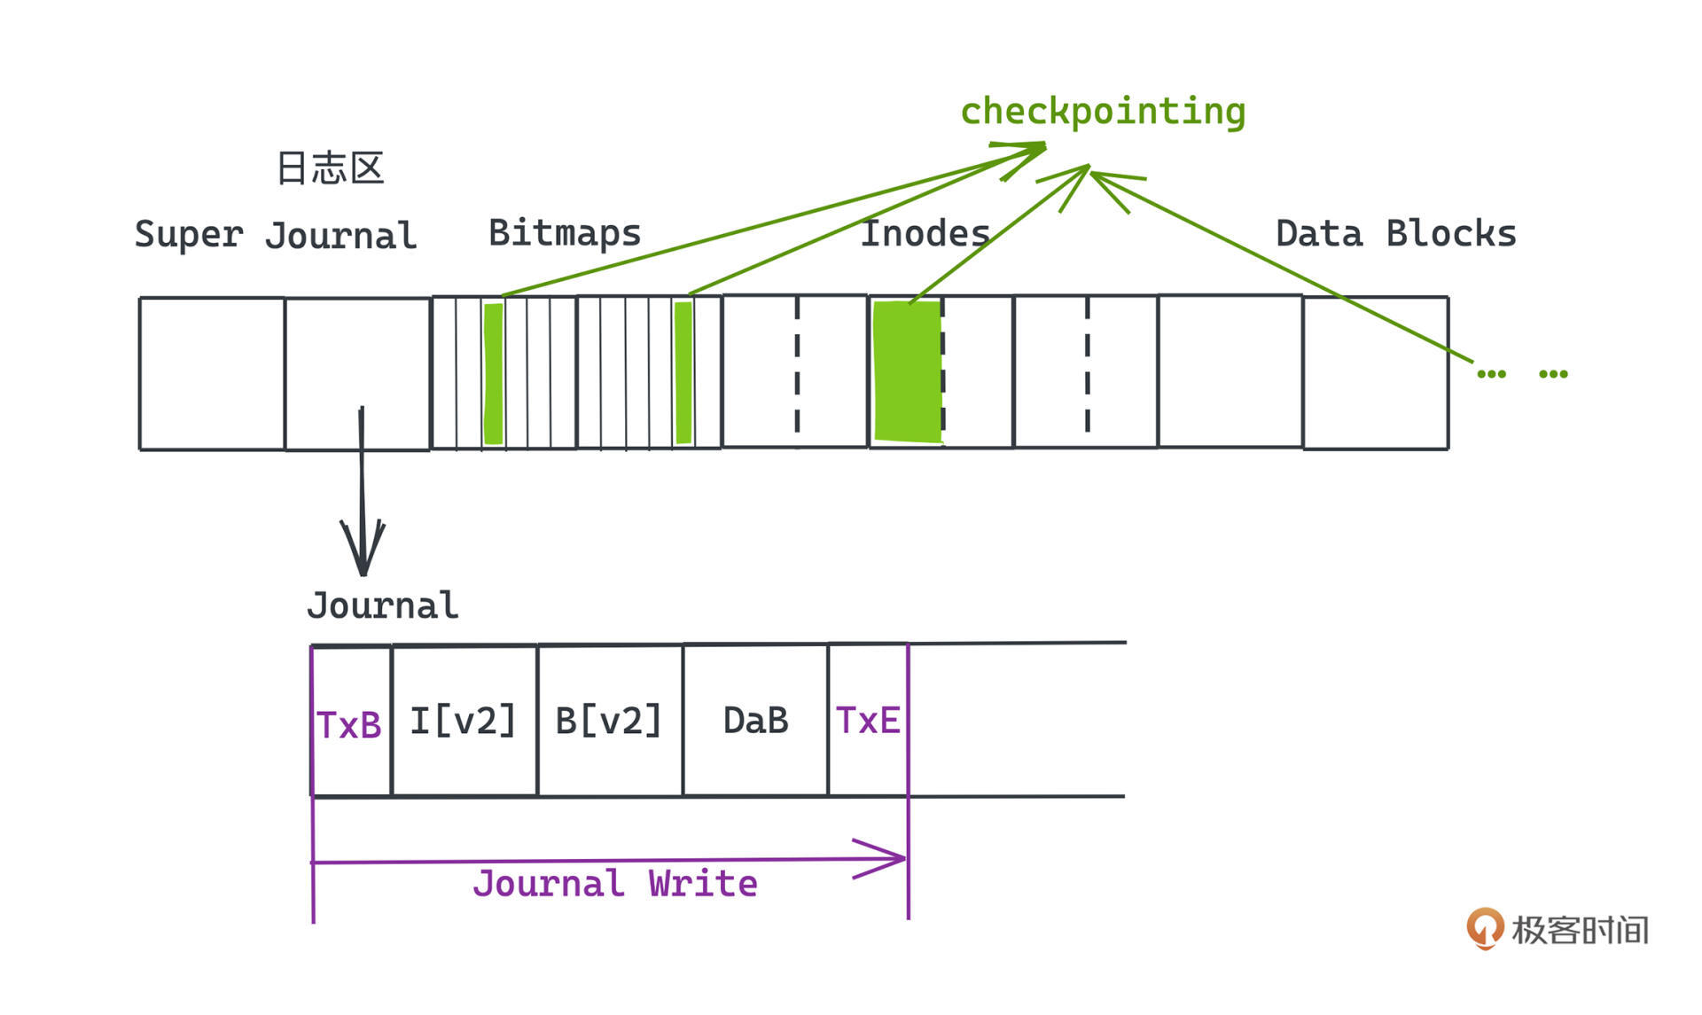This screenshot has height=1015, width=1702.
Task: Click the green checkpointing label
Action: [1103, 112]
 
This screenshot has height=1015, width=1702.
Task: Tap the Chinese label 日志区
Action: [330, 168]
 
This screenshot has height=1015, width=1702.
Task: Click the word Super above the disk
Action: [188, 235]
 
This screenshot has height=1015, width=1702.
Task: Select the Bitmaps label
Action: [565, 233]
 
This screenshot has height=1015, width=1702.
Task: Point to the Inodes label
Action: [925, 233]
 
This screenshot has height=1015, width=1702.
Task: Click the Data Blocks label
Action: [1395, 234]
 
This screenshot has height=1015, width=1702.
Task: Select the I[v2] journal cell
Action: [463, 721]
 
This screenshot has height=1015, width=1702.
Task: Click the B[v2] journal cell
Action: [609, 721]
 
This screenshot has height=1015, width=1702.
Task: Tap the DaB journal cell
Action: [755, 721]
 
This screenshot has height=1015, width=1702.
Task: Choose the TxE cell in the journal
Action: [868, 721]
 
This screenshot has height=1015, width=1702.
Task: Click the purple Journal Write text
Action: [615, 884]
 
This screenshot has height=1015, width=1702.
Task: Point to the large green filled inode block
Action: [907, 372]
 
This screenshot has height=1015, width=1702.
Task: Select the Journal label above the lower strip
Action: [383, 606]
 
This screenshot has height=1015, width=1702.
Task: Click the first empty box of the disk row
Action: [212, 373]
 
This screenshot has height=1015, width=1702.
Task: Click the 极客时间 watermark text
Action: [1580, 930]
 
